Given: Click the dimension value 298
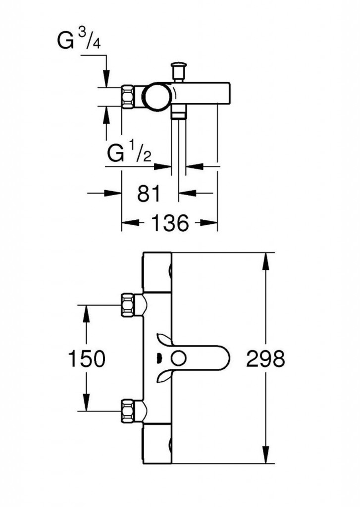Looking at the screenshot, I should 265,358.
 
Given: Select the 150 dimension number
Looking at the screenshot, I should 87,358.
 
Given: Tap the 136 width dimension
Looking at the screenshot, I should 169,223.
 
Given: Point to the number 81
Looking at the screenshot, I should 149,194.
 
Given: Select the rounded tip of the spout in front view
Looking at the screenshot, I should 225,358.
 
